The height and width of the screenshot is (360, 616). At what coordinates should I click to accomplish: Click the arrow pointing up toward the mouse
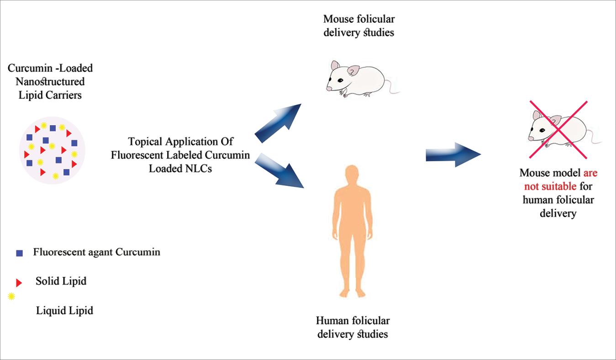tap(279, 123)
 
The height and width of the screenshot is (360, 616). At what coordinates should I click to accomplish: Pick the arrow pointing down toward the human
tap(279, 171)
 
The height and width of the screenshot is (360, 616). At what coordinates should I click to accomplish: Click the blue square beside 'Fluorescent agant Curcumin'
tap(19, 253)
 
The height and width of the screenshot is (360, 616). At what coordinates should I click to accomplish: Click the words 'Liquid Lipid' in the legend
tap(64, 311)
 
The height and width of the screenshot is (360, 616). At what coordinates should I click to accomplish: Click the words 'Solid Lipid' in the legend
tap(61, 281)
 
